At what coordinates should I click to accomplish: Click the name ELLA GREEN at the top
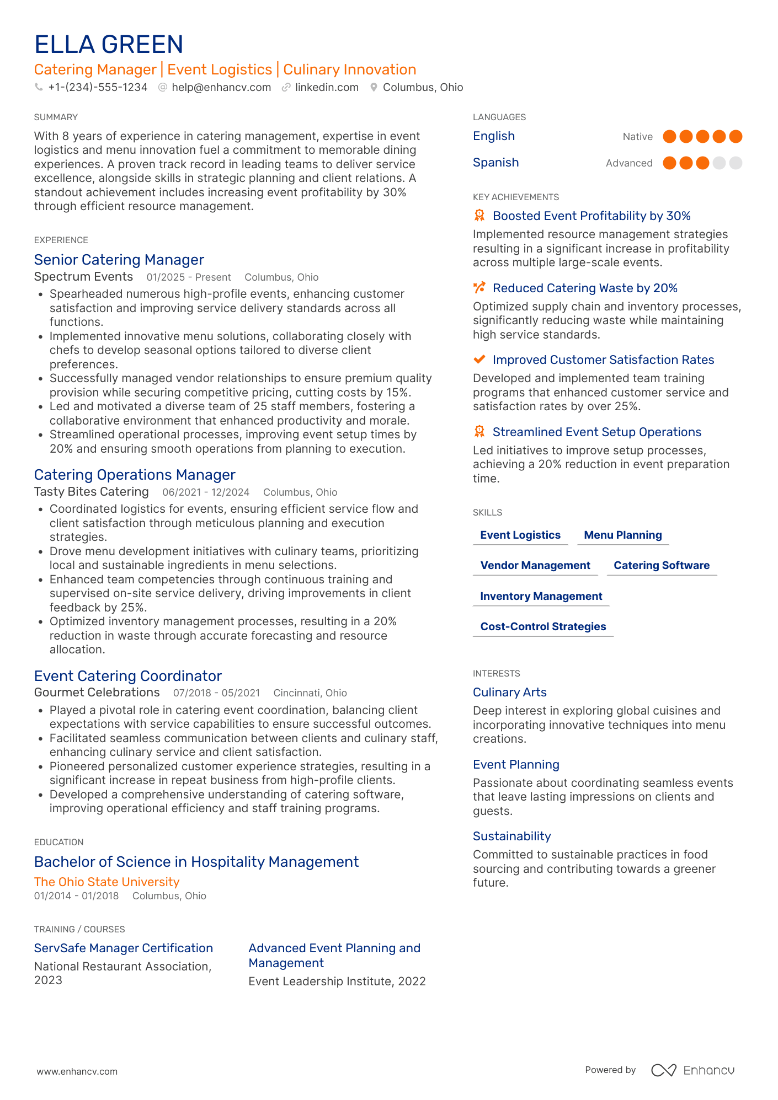[x=109, y=45]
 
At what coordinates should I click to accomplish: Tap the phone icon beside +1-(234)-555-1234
[x=39, y=87]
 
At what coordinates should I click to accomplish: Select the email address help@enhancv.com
[x=221, y=87]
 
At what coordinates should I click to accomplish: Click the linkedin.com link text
[x=327, y=87]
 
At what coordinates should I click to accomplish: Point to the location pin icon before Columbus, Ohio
[x=374, y=87]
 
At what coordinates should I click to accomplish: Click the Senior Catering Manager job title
[x=119, y=260]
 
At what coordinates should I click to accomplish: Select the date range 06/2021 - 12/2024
[x=206, y=492]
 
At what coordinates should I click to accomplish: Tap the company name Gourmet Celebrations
[x=97, y=693]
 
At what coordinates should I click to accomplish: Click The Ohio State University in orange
[x=107, y=882]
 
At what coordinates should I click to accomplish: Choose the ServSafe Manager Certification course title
[x=124, y=948]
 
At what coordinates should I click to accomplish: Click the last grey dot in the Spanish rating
[x=736, y=163]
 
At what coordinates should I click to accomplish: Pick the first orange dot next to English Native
[x=669, y=136]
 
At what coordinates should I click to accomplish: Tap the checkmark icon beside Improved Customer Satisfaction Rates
[x=479, y=359]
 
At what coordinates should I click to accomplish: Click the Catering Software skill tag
[x=662, y=565]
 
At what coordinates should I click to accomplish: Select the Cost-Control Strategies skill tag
[x=543, y=626]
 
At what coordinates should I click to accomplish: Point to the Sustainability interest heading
[x=511, y=836]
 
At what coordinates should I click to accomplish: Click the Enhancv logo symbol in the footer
[x=663, y=1070]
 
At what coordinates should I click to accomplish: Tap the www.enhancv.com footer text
[x=77, y=1071]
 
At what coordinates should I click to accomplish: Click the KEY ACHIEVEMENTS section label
[x=516, y=197]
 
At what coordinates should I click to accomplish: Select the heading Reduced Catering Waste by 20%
[x=585, y=288]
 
